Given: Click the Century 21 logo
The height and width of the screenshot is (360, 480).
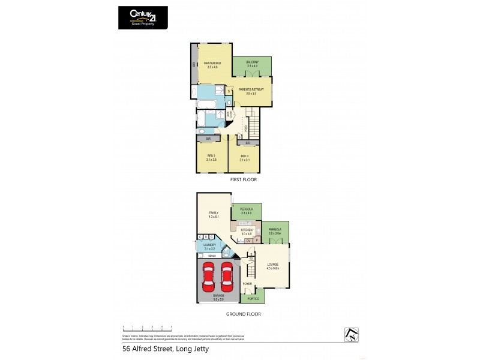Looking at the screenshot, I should click(x=142, y=17).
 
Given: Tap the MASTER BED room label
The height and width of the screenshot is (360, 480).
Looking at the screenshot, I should click(x=210, y=64).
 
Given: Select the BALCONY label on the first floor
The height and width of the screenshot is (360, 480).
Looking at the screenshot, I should click(x=251, y=64).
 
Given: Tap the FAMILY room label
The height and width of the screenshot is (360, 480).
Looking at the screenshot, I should click(x=214, y=214).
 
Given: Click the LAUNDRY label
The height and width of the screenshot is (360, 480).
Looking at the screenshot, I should click(x=209, y=246).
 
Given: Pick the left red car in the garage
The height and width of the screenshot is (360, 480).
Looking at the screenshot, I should click(x=209, y=276).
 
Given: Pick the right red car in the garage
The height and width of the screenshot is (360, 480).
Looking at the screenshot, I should click(x=227, y=276).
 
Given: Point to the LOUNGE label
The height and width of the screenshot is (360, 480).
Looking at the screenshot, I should click(x=272, y=265).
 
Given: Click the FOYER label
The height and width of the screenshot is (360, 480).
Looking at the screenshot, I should click(x=247, y=284).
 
